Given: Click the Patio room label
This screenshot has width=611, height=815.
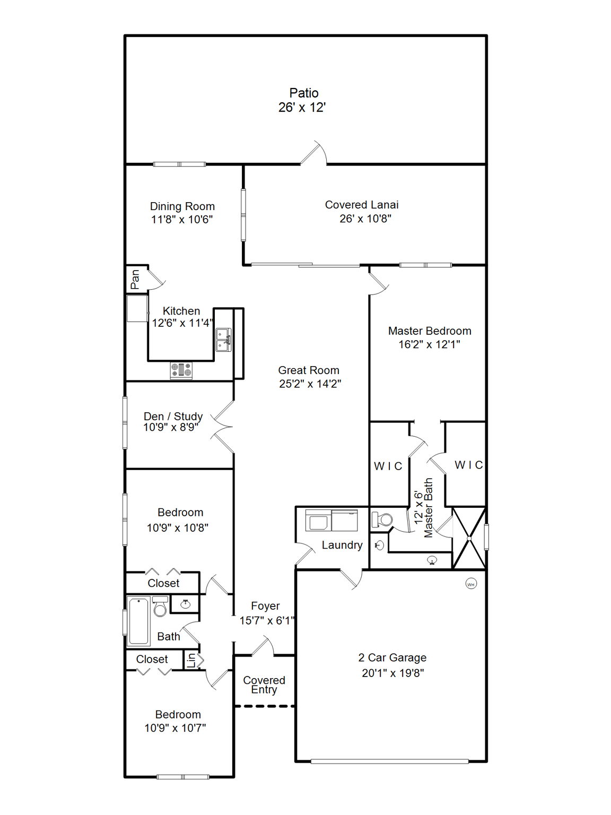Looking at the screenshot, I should coord(303,93).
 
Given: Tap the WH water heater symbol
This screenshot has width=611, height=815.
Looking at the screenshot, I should coord(470,584).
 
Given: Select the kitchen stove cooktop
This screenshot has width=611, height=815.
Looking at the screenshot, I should coord(181,370).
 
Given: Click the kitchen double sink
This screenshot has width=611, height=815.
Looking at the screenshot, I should coord(223,340).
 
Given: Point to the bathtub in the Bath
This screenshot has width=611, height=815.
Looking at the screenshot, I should coord(139,621).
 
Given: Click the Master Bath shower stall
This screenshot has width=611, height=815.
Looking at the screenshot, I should coord(469,538).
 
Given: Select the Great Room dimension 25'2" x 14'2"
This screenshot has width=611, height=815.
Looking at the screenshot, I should coord(310,384).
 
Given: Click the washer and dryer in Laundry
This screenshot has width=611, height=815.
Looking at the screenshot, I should coord(331,521).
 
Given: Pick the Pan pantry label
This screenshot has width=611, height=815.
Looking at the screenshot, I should coord(135,279).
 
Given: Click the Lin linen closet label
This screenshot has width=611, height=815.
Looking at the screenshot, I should coord(191,660).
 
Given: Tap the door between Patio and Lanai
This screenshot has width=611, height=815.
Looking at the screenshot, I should coord(314,154).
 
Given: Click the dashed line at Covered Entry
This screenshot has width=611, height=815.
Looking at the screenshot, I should coord(264,706).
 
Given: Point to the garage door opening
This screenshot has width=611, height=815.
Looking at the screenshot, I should coord(389,761).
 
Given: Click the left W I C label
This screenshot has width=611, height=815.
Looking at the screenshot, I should coord(388,466).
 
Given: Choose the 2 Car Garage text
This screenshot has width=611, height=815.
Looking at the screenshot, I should coord(392,657).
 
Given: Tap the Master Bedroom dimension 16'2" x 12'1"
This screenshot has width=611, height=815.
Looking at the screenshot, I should coord(429,344).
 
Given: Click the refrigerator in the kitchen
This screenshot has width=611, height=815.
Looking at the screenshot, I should coord(137,308).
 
